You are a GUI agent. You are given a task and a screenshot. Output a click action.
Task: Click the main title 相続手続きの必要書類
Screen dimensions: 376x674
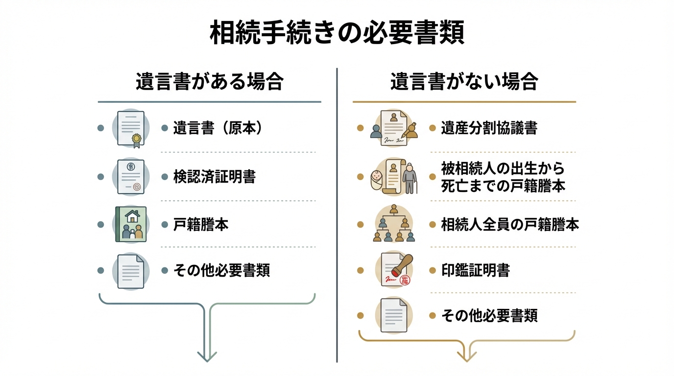[337, 33]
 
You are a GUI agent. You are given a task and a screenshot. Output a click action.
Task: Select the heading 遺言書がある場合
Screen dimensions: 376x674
[210, 81]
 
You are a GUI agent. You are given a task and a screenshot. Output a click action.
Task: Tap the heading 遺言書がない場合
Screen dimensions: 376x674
[464, 81]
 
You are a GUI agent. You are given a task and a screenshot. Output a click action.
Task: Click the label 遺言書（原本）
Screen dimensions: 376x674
[218, 128]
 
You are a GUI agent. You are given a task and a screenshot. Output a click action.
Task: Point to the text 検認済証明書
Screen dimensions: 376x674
[214, 177]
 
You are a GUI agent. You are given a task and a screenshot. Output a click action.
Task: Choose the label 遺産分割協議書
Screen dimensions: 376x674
[489, 128]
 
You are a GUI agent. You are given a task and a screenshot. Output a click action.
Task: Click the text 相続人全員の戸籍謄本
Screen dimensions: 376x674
[510, 225]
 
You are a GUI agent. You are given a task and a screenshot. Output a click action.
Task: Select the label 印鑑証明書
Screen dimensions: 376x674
[475, 270]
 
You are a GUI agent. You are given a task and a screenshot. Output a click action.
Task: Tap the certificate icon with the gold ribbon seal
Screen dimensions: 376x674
[131, 128]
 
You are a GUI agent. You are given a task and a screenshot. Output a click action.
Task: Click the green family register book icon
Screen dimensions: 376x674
[131, 224]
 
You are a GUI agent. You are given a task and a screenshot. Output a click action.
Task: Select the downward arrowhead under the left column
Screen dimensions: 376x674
[207, 356]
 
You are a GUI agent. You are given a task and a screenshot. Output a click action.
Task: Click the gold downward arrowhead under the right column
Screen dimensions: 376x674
[467, 356]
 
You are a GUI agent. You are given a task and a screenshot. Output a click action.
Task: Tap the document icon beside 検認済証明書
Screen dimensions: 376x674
[131, 177]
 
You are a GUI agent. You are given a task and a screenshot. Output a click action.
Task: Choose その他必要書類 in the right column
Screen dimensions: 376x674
[489, 316]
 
